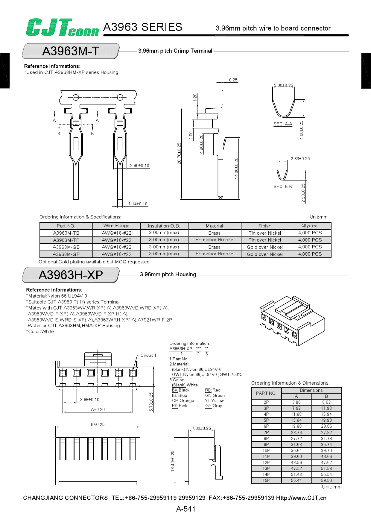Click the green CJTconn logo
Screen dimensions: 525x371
click(62, 28)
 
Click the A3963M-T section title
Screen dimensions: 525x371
click(71, 51)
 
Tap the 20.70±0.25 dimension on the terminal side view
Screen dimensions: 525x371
click(179, 153)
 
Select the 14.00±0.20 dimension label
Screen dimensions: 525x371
click(236, 168)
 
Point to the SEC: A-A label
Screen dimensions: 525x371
click(283, 124)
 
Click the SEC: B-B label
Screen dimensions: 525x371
click(283, 186)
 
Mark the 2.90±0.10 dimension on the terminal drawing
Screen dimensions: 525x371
click(139, 166)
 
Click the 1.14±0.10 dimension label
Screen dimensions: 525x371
click(138, 204)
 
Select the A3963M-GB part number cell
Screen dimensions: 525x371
click(66, 247)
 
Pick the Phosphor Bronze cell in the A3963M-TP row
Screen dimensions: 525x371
click(214, 240)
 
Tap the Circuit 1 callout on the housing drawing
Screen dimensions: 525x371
click(148, 355)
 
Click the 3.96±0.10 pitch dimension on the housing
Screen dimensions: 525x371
click(90, 400)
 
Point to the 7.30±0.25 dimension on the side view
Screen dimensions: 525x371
click(201, 428)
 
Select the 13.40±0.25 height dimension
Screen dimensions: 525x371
click(173, 461)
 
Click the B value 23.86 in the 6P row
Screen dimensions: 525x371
click(326, 426)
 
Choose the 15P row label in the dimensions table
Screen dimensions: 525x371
click(266, 480)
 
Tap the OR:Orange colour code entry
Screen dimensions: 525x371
click(183, 400)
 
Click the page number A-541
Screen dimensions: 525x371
click(185, 509)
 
